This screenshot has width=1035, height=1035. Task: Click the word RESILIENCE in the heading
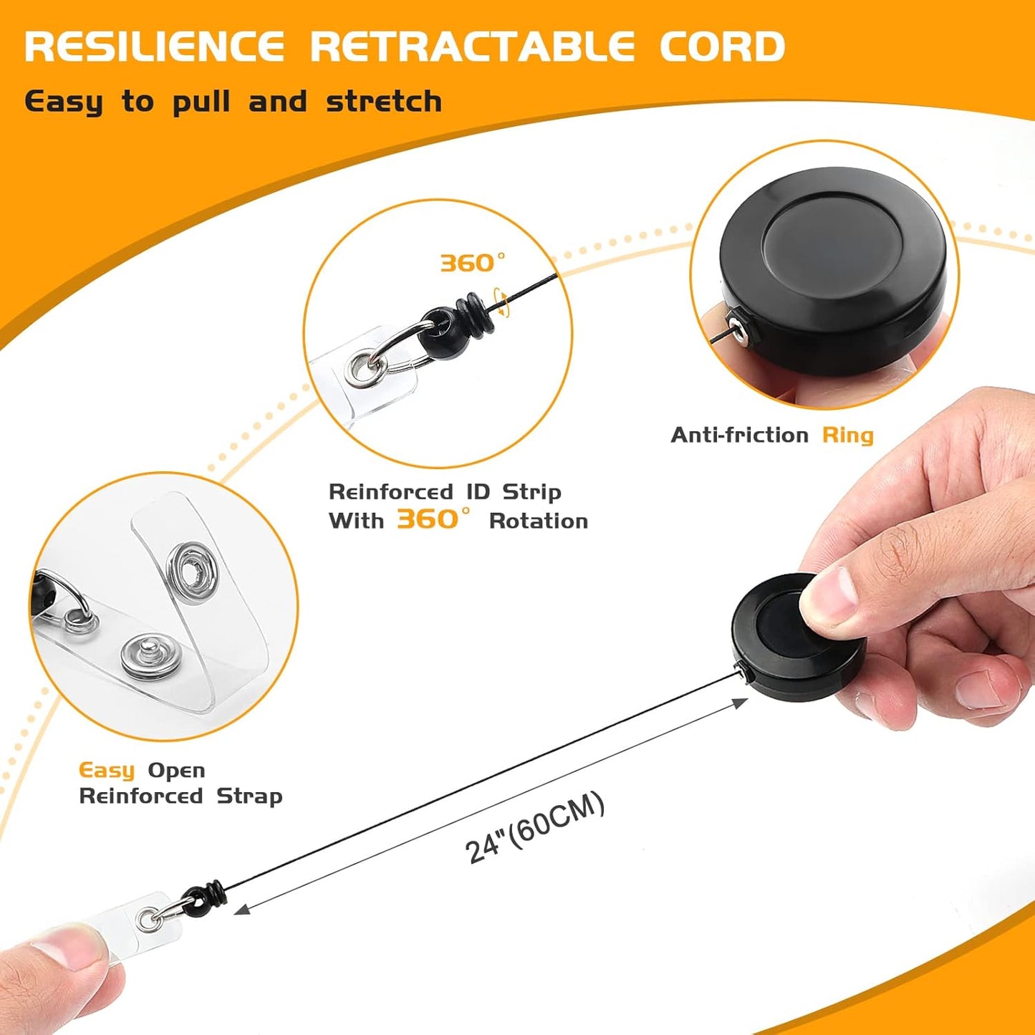tap(154, 47)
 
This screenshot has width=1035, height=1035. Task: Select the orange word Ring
tap(847, 435)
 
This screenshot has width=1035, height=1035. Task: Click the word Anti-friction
tap(739, 435)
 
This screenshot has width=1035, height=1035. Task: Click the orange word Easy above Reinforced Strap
tap(106, 771)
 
